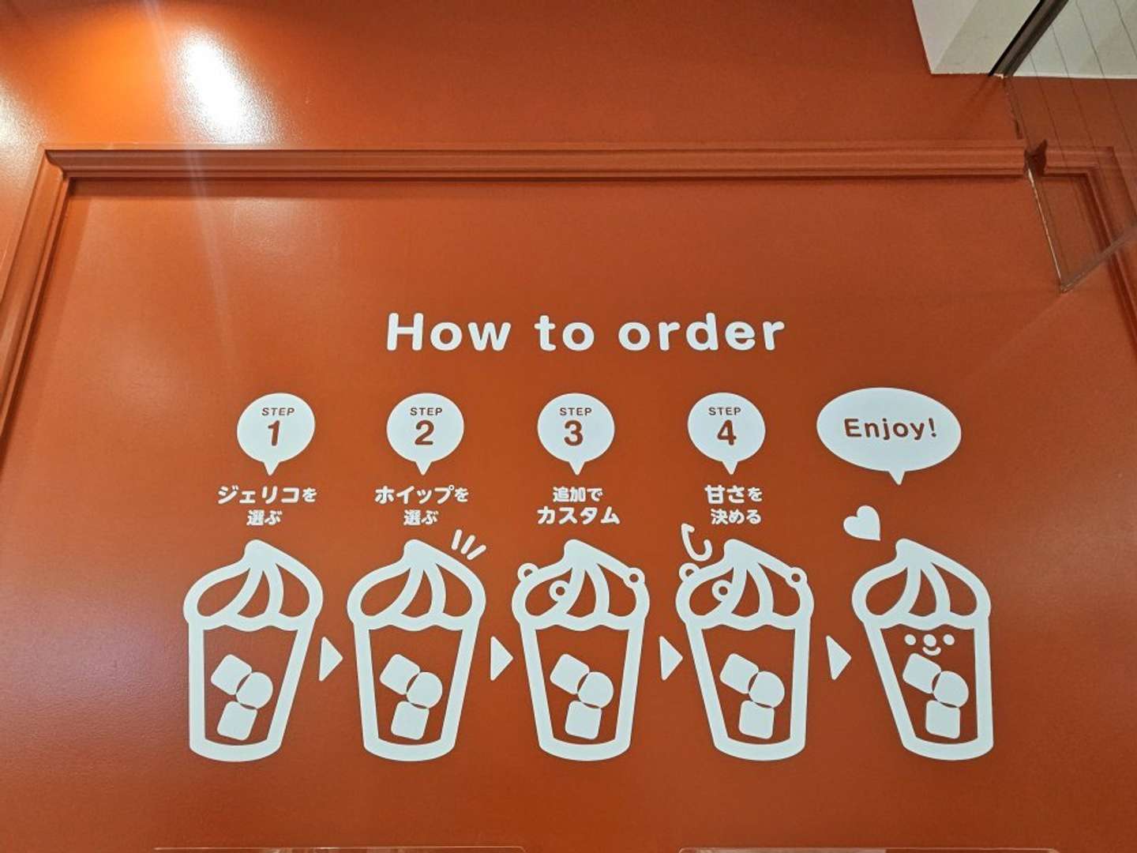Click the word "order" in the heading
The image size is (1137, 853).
click(x=701, y=332)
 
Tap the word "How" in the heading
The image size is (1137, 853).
click(x=448, y=332)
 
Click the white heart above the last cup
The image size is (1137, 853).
click(x=861, y=523)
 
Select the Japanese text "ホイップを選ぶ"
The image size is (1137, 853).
click(x=421, y=505)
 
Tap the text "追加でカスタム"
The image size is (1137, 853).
click(x=577, y=505)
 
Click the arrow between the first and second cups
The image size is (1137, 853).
click(x=330, y=659)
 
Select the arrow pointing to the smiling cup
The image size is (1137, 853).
click(x=838, y=659)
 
